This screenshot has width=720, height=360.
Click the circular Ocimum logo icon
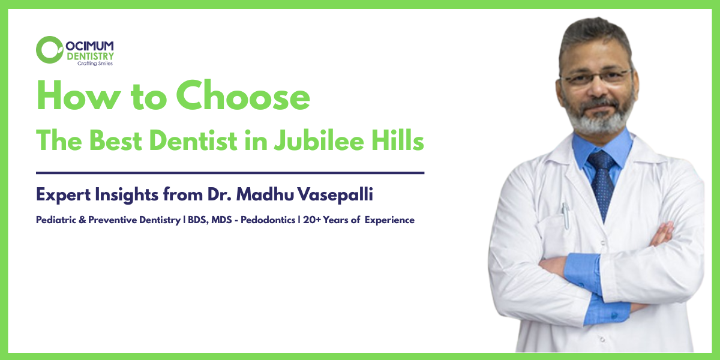pos(49,49)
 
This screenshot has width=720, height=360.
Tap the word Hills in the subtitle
pos(403,142)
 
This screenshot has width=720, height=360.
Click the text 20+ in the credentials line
pos(312,220)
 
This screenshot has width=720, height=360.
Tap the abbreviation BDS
pos(198,220)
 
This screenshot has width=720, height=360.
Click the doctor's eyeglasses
pos(596,77)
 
